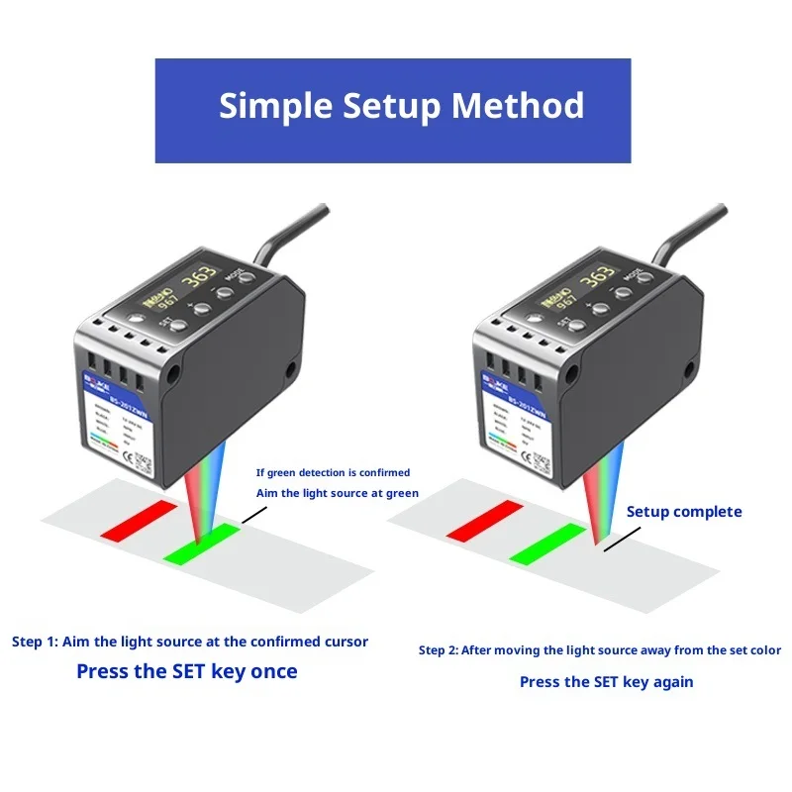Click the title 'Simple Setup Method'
pos(401,105)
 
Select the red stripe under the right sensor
pos(484,521)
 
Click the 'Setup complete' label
pos(683,512)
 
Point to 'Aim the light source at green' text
pos(337,493)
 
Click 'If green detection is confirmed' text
pos(333,472)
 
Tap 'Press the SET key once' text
pos(186,671)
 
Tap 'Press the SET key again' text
pos(606,681)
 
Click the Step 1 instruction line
pos(190,642)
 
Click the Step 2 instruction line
pos(599,650)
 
